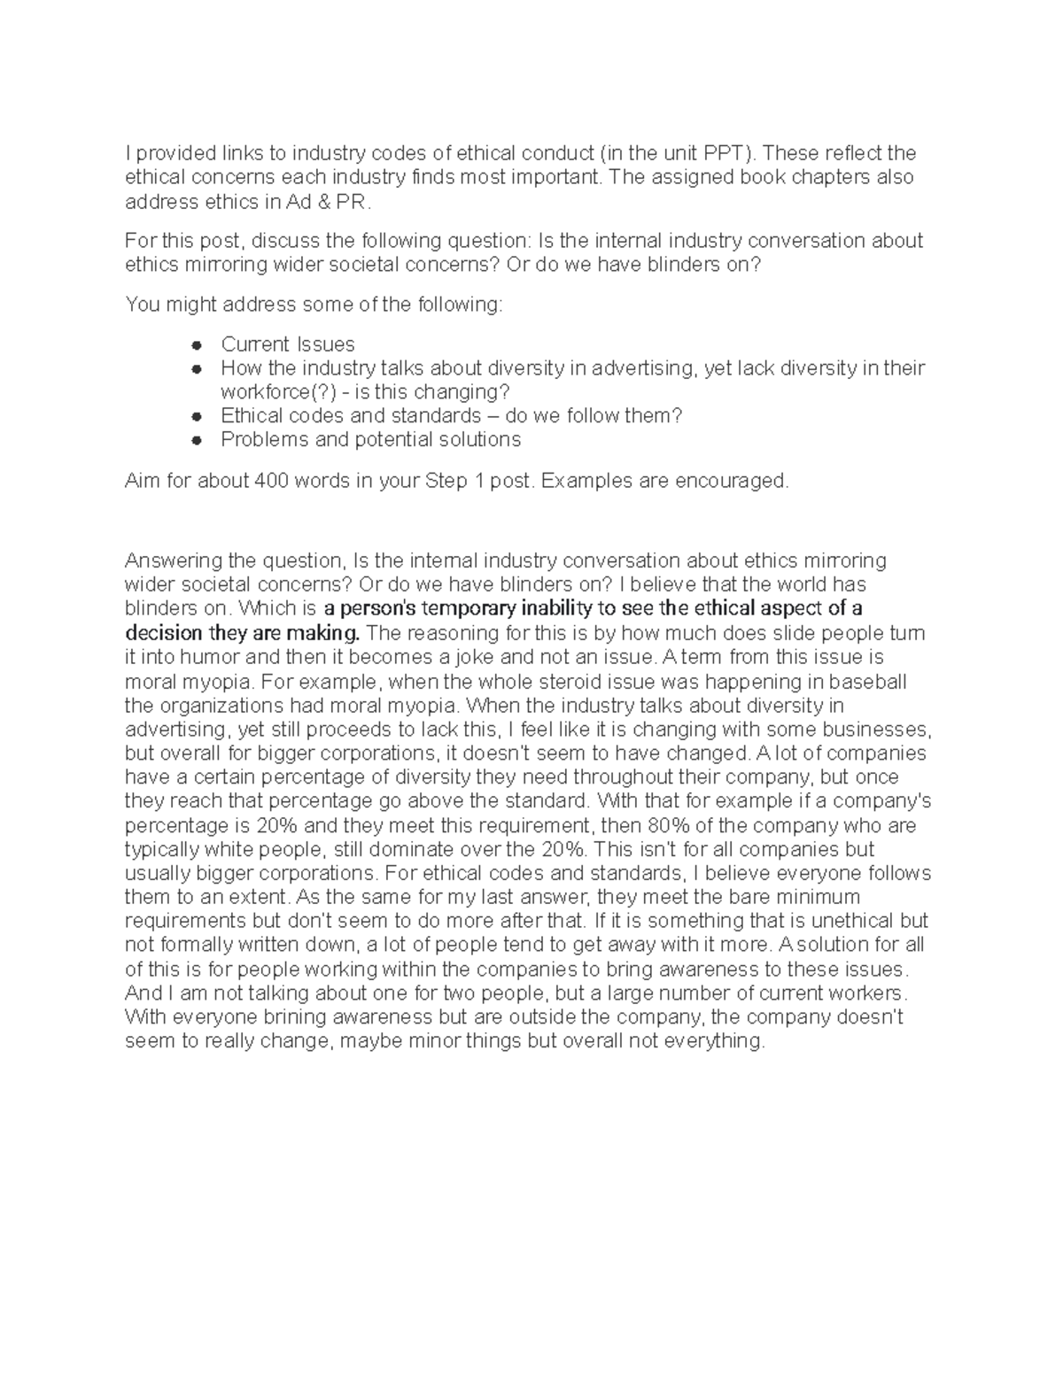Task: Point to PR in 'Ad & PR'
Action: [349, 202]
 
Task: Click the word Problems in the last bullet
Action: [262, 440]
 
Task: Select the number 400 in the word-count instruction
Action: [270, 481]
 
